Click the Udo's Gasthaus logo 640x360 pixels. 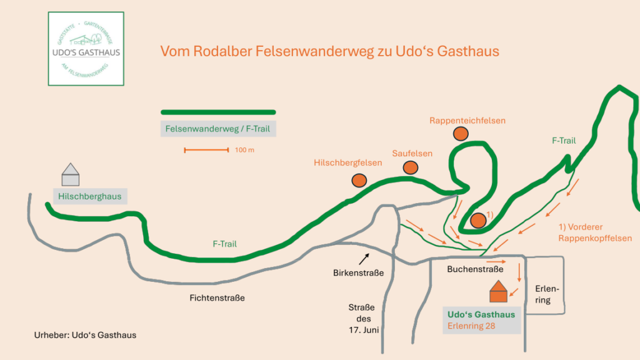pyautogui.click(x=86, y=49)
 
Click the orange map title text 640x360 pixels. pyautogui.click(x=330, y=51)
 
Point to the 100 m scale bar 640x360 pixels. pyautogui.click(x=207, y=150)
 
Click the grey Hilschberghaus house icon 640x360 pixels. pyautogui.click(x=71, y=174)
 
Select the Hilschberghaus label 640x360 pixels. pyautogui.click(x=90, y=196)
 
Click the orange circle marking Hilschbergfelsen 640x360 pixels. pyautogui.click(x=359, y=180)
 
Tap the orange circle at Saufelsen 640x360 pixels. pyautogui.click(x=410, y=167)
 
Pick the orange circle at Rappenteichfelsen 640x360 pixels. pyautogui.click(x=461, y=133)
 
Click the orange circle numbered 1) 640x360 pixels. pyautogui.click(x=478, y=220)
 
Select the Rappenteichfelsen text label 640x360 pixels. pyautogui.click(x=467, y=120)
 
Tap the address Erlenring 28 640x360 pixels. pyautogui.click(x=472, y=326)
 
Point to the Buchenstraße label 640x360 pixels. pyautogui.click(x=475, y=269)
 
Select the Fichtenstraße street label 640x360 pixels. pyautogui.click(x=217, y=298)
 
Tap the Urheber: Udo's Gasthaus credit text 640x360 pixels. pyautogui.click(x=85, y=335)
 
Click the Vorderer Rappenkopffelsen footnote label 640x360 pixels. pyautogui.click(x=595, y=232)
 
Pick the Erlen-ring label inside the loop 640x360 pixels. pyautogui.click(x=542, y=294)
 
